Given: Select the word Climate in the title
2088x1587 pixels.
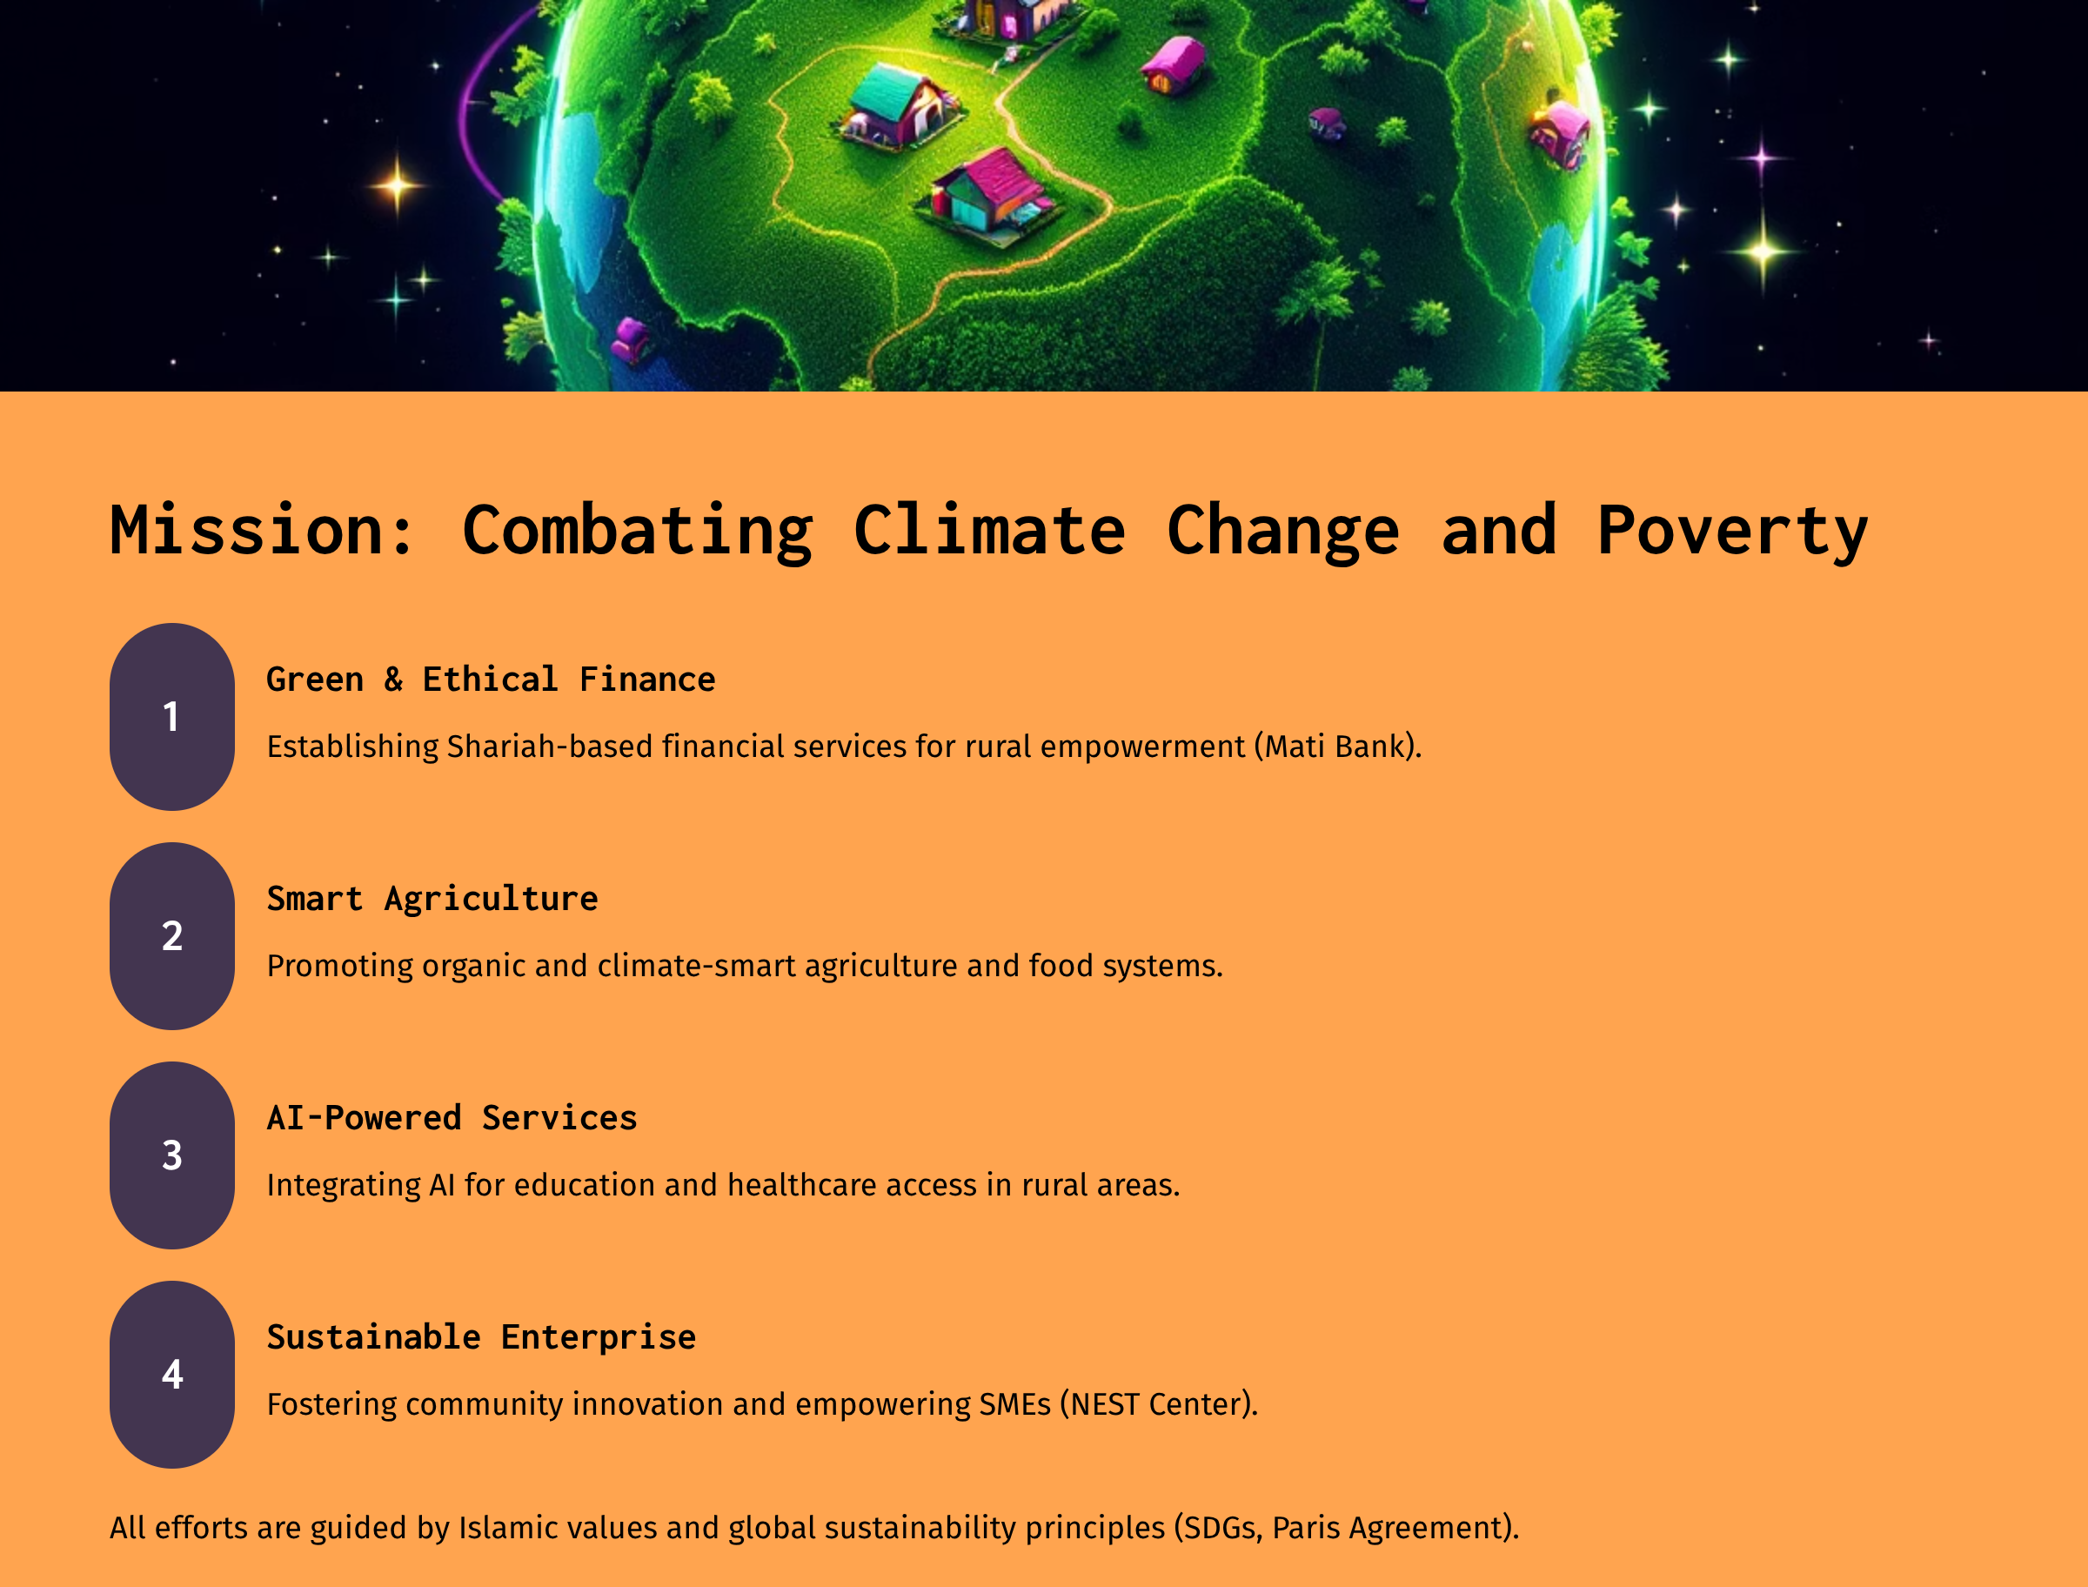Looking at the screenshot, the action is pyautogui.click(x=990, y=530).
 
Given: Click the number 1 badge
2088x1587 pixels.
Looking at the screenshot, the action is pyautogui.click(x=172, y=716).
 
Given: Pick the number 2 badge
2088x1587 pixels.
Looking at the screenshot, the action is pyautogui.click(x=172, y=935).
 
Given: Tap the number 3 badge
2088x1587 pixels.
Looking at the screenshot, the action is pyautogui.click(x=172, y=1155).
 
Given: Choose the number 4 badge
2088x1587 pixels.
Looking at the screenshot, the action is pyautogui.click(x=172, y=1374).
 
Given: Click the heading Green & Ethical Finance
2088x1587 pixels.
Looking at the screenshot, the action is pyautogui.click(x=491, y=680).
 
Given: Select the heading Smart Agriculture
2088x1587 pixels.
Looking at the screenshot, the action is pyautogui.click(x=432, y=900).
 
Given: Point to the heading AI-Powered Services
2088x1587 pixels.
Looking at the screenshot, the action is pyautogui.click(x=452, y=1117).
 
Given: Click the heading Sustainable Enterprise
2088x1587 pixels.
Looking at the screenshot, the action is pyautogui.click(x=482, y=1337).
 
